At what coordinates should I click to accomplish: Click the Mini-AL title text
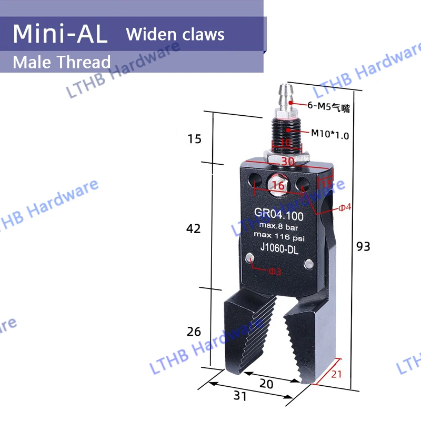coord(60,34)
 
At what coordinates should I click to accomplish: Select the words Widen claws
coord(175,35)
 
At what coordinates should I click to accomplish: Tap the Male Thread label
coord(62,62)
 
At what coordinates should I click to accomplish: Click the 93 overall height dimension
coord(363,246)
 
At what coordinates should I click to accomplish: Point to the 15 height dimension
coord(194,139)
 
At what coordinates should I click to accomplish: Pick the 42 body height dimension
coord(194,229)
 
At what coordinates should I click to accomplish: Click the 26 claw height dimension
coord(194,332)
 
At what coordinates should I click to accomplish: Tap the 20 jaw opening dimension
coord(267,384)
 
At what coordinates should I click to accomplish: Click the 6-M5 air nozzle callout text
coord(329,109)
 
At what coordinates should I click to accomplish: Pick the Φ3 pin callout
coord(275,272)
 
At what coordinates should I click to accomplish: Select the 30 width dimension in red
coord(287,162)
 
